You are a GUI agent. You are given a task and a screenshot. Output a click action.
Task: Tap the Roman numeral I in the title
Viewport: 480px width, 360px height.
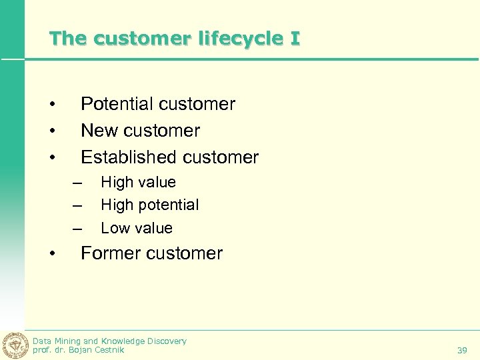pos(295,39)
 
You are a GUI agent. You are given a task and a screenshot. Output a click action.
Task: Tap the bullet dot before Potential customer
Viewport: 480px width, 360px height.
pos(51,105)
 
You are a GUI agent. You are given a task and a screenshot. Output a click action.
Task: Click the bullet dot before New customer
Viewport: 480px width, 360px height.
pos(51,131)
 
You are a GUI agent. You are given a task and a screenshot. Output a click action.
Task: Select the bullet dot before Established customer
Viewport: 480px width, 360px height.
pos(51,158)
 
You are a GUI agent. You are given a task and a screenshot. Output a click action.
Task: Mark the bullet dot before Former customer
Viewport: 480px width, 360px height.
pos(51,254)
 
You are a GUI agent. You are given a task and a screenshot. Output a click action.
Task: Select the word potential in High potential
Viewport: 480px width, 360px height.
pos(167,205)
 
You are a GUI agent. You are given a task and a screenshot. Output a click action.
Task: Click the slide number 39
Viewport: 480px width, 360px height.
pos(462,350)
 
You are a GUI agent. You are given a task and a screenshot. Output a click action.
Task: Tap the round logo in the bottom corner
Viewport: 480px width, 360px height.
pos(15,345)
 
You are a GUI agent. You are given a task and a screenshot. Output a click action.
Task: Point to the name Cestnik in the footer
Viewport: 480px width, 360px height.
pos(109,349)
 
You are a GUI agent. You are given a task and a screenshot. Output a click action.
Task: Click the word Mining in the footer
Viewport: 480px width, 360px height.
pos(67,341)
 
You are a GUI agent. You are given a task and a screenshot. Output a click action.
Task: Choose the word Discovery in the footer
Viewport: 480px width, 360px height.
pos(167,341)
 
